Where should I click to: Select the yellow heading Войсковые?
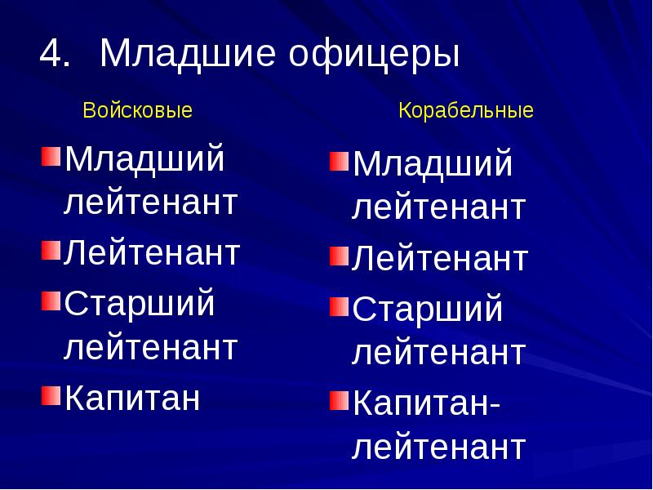click(x=138, y=110)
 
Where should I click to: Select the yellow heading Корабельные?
click(x=466, y=110)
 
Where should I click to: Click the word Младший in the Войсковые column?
click(x=144, y=158)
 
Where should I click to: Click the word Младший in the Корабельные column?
click(x=433, y=165)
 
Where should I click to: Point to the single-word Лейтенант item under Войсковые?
click(x=152, y=252)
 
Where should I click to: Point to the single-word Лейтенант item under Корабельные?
click(x=440, y=259)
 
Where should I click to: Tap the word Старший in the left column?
click(x=140, y=305)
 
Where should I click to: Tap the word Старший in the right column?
click(x=428, y=310)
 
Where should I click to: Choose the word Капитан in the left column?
click(x=132, y=399)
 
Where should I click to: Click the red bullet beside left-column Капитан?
click(x=50, y=397)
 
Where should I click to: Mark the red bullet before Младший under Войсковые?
click(x=50, y=154)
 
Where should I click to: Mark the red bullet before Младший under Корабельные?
click(x=338, y=161)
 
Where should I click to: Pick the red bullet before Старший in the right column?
click(x=338, y=307)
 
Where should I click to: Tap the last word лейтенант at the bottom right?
click(x=438, y=448)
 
